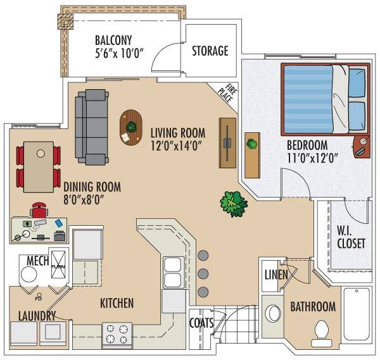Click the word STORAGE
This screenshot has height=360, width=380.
pyautogui.click(x=210, y=51)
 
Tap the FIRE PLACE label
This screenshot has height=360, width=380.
pyautogui.click(x=228, y=94)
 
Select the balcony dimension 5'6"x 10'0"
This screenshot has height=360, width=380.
pyautogui.click(x=118, y=54)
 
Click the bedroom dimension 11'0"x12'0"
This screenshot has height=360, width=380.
pyautogui.click(x=312, y=159)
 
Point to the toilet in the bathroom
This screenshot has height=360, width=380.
pyautogui.click(x=321, y=333)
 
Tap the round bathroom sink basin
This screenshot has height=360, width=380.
pyautogui.click(x=272, y=313)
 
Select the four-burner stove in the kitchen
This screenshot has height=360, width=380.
pyautogui.click(x=117, y=334)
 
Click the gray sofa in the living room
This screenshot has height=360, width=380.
pyautogui.click(x=92, y=127)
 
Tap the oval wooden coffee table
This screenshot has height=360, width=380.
pyautogui.click(x=131, y=128)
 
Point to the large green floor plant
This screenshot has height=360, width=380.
pyautogui.click(x=234, y=204)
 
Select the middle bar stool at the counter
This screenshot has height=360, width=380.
pyautogui.click(x=203, y=273)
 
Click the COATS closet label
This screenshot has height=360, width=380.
pyautogui.click(x=201, y=323)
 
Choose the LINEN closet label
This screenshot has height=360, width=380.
pyautogui.click(x=276, y=275)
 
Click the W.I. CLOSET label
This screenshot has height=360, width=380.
pyautogui.click(x=351, y=237)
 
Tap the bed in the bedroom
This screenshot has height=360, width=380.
pyautogui.click(x=326, y=99)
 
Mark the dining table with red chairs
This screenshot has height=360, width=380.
pyautogui.click(x=39, y=167)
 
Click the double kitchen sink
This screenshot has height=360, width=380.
pyautogui.click(x=172, y=273)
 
